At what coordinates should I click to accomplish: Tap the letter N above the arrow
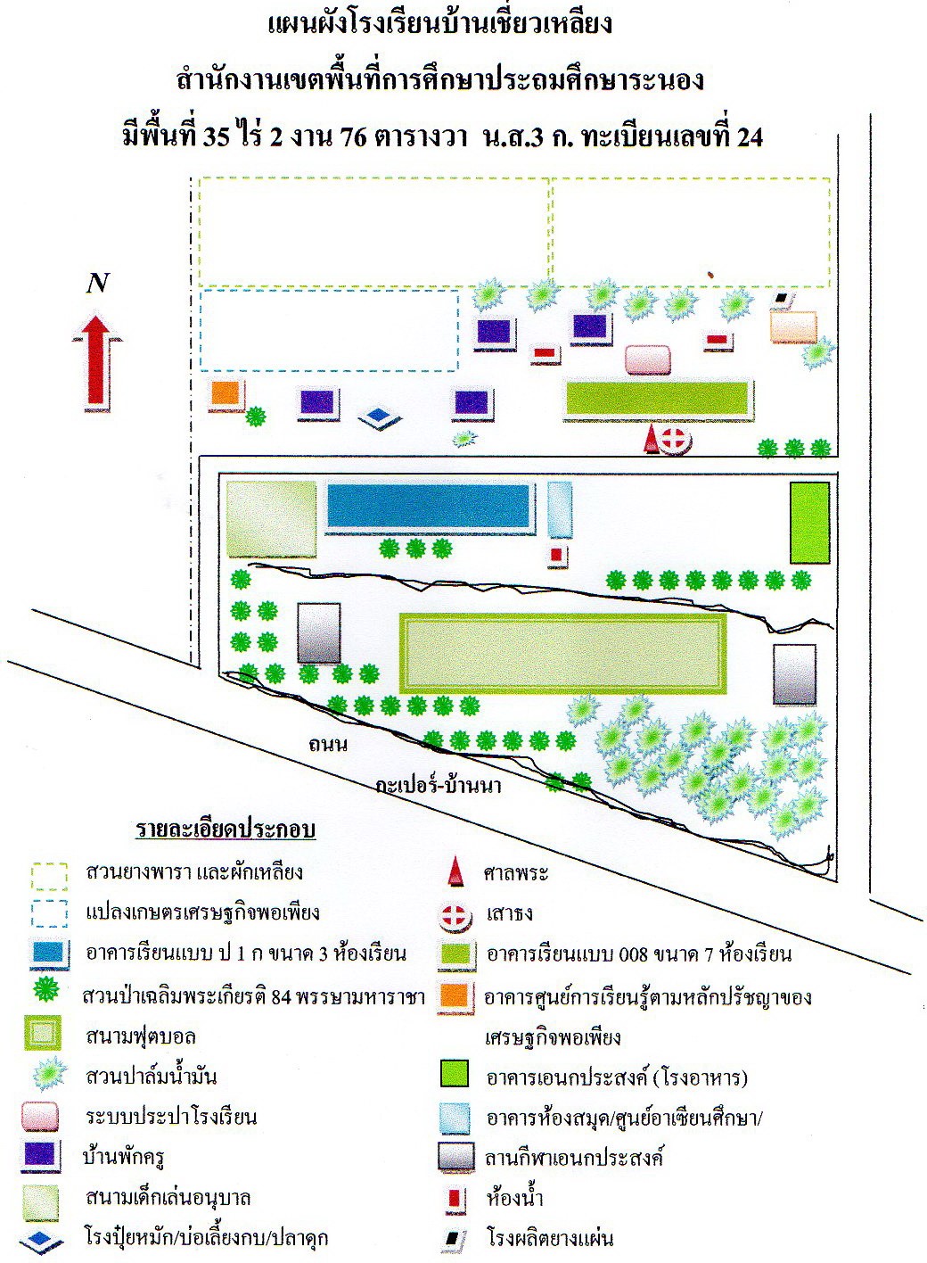[x=97, y=283]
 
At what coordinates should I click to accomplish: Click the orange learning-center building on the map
[x=226, y=394]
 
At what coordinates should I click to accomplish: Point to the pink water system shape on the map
[x=648, y=359]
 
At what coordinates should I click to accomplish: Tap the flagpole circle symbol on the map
[x=675, y=441]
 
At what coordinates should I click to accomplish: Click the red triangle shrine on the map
[x=651, y=439]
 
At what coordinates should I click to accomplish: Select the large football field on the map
[x=562, y=654]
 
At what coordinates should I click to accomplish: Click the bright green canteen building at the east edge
[x=809, y=522]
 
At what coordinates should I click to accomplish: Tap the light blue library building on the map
[x=560, y=509]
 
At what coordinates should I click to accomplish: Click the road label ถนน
[x=327, y=744]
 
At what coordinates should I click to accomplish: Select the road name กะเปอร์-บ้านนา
[x=439, y=785]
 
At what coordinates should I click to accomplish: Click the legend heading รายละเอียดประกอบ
[x=226, y=830]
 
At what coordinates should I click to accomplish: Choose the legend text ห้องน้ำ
[x=514, y=1198]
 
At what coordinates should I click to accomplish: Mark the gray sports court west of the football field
[x=319, y=632]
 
